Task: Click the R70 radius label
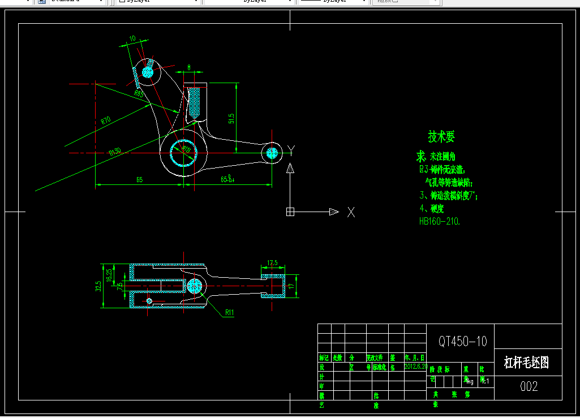tap(105, 120)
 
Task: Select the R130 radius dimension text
tap(115, 152)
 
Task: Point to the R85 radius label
tap(138, 93)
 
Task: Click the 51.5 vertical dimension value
tap(231, 118)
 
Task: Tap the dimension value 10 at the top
tap(132, 39)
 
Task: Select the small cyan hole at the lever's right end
tap(272, 152)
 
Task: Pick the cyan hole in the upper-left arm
tap(148, 71)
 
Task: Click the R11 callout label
tap(230, 312)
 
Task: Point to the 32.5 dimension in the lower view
tap(98, 286)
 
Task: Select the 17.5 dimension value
tap(272, 262)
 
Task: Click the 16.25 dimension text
tap(109, 275)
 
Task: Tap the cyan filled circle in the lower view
tap(194, 286)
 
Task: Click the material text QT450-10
tap(462, 341)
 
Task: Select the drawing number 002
tap(529, 386)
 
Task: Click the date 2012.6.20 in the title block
tap(416, 366)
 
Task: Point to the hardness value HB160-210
tap(440, 222)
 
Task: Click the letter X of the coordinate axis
tap(351, 212)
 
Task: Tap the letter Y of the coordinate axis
tap(291, 149)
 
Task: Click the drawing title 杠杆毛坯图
tap(526, 362)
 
